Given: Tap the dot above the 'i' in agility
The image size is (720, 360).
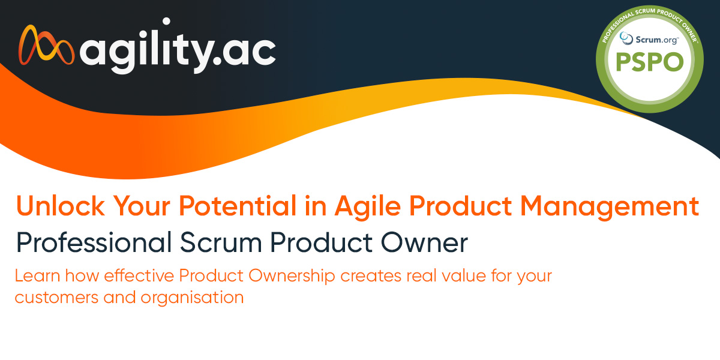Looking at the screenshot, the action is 166,22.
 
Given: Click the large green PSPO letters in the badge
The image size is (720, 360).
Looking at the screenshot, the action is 650,62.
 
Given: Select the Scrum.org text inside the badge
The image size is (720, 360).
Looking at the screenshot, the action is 657,40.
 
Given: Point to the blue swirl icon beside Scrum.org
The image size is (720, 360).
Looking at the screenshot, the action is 626,38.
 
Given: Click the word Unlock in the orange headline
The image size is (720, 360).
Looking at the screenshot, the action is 61,206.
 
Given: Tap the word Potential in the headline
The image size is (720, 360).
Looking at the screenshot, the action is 238,206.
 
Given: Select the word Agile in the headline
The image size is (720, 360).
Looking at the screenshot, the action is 368,208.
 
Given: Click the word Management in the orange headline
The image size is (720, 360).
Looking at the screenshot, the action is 610,208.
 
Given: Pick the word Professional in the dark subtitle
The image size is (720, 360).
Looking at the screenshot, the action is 94,242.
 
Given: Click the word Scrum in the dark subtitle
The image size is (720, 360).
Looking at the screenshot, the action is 221,242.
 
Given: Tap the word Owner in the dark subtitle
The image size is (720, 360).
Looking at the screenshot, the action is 424,242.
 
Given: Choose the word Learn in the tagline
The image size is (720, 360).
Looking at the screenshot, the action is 37,276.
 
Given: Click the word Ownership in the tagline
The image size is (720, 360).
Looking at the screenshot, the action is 292,277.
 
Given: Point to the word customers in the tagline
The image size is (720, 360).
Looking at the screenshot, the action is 56,298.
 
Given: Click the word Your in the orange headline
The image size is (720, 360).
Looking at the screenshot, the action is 142,206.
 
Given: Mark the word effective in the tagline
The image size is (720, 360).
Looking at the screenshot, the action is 139,276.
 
